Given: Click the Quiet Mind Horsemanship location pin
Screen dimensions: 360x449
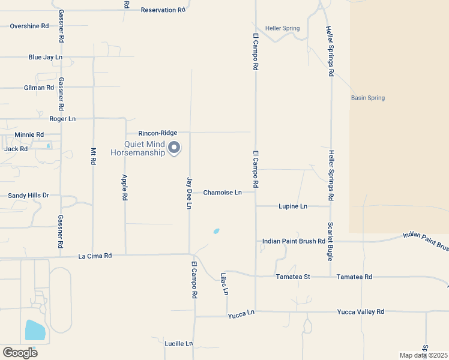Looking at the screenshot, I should [x=174, y=147].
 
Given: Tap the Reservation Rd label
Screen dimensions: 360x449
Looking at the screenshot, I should [x=163, y=10].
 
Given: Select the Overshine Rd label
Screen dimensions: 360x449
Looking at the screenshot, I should [x=29, y=26].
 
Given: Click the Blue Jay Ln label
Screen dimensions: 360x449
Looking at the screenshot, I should [x=46, y=58].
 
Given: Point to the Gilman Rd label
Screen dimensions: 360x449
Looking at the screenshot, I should [x=39, y=88].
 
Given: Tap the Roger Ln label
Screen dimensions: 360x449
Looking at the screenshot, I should [x=62, y=119].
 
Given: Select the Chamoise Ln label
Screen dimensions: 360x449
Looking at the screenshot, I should [x=222, y=193].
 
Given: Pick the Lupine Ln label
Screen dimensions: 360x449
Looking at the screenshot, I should [x=293, y=206].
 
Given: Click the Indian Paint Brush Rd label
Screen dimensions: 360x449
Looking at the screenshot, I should [x=294, y=241].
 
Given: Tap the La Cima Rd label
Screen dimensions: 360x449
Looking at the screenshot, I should [x=95, y=256].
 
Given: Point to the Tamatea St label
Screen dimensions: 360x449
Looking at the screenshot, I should [x=292, y=277].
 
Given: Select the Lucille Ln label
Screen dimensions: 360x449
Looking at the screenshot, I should [x=179, y=344].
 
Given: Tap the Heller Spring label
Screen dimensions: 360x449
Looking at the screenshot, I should [x=283, y=28].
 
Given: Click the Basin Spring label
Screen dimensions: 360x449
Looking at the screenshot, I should [x=368, y=98].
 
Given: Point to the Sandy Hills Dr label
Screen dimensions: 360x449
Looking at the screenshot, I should [x=28, y=196].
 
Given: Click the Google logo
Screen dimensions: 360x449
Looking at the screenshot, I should [x=20, y=352].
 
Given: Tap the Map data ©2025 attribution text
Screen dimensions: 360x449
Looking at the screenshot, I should [x=423, y=355].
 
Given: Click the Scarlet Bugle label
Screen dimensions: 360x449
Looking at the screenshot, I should [x=331, y=235].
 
